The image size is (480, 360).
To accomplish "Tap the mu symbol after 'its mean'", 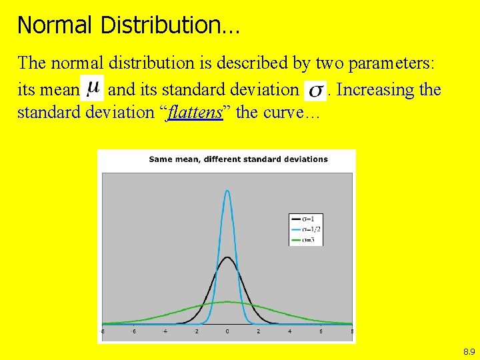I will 95,87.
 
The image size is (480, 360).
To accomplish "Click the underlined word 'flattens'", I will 195,112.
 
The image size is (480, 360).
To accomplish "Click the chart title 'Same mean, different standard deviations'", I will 238,159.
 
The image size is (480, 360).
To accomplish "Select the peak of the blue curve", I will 227,191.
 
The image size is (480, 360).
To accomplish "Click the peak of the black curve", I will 227,257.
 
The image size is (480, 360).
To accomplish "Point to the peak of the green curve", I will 227,302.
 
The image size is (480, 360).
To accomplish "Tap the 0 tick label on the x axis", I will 227,331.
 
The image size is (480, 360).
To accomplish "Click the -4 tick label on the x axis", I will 165,331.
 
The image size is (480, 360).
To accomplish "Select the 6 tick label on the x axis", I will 321,331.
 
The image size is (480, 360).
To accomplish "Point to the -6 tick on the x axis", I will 133,331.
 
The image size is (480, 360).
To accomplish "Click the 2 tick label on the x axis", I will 259,331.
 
